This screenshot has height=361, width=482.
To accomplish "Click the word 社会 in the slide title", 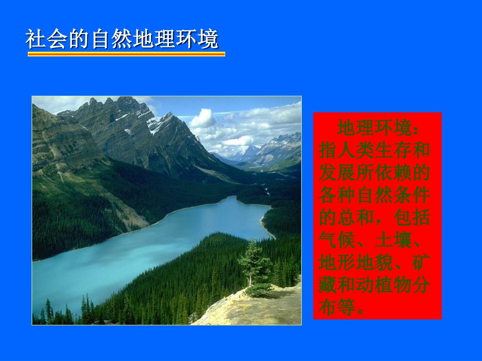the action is click(47, 39).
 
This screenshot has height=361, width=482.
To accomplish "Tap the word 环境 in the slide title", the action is click(197, 39).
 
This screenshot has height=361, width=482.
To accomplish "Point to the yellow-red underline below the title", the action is click(126, 54).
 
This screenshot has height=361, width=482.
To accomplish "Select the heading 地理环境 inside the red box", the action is click(374, 128).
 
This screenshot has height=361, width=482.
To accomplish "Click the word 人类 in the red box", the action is click(356, 150).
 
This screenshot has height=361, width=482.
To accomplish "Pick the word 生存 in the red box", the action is click(393, 150).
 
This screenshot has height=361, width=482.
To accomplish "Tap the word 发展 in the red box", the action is click(337, 173).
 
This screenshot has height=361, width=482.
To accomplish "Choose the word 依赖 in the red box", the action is click(393, 173).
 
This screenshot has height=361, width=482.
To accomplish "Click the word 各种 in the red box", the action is click(337, 195).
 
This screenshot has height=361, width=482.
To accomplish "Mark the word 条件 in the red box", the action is click(411, 195).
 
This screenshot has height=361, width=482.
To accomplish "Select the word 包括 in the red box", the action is click(411, 218).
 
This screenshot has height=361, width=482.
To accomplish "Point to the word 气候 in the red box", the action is click(337, 240).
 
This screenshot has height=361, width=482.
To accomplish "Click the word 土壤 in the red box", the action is click(393, 240).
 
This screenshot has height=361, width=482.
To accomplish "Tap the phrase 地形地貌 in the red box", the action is click(356, 262).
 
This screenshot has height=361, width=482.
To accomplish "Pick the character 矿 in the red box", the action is click(421, 262).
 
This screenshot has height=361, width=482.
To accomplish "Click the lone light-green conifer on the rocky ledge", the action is click(254, 265).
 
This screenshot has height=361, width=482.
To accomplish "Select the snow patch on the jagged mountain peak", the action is click(155, 124).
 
